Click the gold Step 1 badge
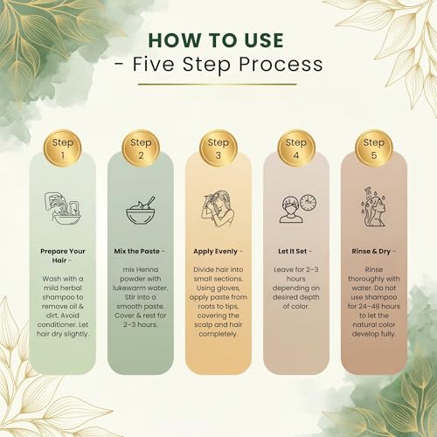point(62,149)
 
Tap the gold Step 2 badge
point(141,149)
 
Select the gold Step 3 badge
point(218,149)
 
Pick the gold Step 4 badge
point(296,149)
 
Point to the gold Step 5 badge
point(374,149)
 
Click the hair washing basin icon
point(63,209)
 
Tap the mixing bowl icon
point(141,211)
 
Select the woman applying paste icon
point(218,209)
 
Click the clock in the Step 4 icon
point(309,202)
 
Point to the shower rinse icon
point(374,207)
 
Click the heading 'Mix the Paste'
point(137,251)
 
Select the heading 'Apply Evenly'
point(216,252)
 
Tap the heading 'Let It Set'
point(293,251)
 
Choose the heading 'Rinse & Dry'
point(371,252)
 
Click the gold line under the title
point(218,85)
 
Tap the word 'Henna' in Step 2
point(147,269)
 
